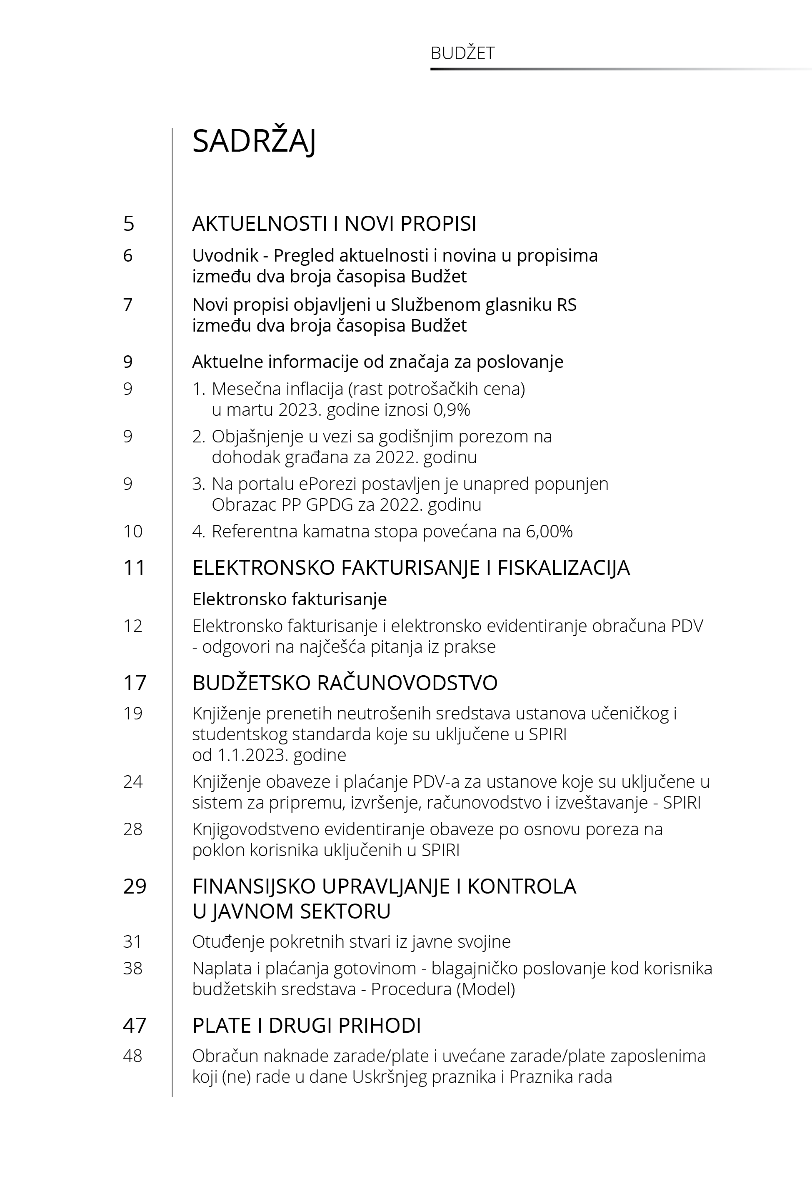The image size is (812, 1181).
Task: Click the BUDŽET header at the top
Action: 462,53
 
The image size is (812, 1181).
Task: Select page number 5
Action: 129,224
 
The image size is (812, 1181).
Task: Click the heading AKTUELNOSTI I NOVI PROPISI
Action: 334,224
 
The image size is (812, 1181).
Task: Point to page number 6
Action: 128,255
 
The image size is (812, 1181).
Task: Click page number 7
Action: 128,305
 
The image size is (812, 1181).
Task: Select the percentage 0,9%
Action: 452,409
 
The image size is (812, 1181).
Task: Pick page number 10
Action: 133,532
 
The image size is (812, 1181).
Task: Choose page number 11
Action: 134,568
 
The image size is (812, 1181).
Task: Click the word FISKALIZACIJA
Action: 563,568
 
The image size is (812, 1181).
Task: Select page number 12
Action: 133,626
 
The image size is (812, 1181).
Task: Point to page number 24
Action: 133,782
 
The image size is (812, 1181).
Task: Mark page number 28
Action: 133,829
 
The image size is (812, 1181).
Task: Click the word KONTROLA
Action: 522,886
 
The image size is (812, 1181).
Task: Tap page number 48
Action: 133,1056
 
